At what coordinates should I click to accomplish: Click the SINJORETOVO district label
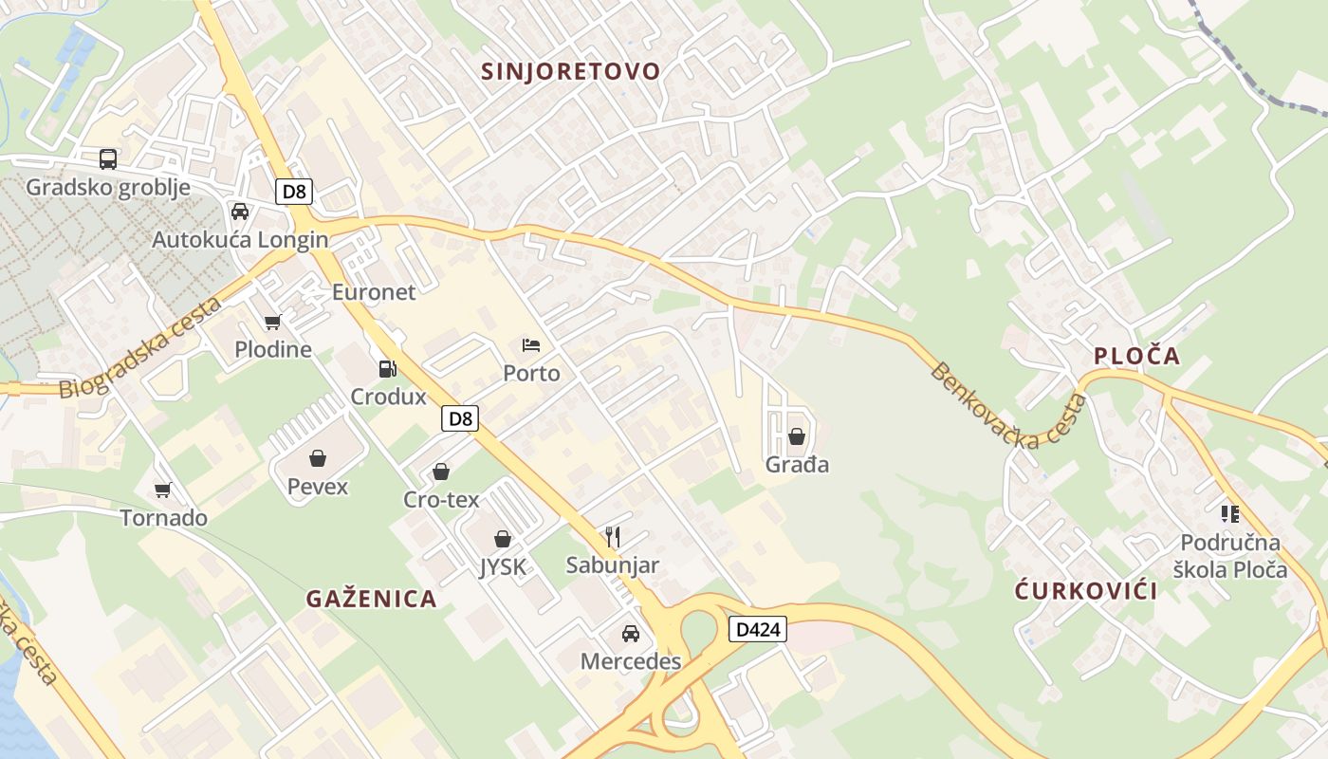coord(570,71)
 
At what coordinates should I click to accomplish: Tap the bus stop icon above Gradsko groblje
coord(108,159)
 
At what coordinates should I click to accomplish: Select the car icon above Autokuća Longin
coord(240,212)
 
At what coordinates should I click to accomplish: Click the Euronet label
coord(374,292)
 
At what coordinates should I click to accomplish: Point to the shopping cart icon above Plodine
coord(273,323)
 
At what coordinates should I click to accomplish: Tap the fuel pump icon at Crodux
coord(387,368)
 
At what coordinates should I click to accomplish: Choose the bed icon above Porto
coord(531,345)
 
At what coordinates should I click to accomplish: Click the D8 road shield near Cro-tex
coord(460,418)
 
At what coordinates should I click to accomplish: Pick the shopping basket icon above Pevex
coord(318,459)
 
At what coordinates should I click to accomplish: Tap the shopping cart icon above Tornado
coord(163,491)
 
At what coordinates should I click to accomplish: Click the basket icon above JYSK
coord(503,539)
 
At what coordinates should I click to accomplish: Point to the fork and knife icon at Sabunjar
coord(613,537)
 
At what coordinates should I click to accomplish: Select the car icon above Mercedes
coord(631,633)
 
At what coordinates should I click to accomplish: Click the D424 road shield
coord(758,628)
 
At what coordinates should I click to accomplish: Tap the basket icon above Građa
coord(797,436)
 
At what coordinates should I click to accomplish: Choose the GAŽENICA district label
coord(372,599)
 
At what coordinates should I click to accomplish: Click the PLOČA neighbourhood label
coord(1136,356)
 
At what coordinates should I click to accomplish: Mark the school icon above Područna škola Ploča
coord(1230,515)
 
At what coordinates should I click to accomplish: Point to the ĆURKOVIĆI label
coord(1085,592)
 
